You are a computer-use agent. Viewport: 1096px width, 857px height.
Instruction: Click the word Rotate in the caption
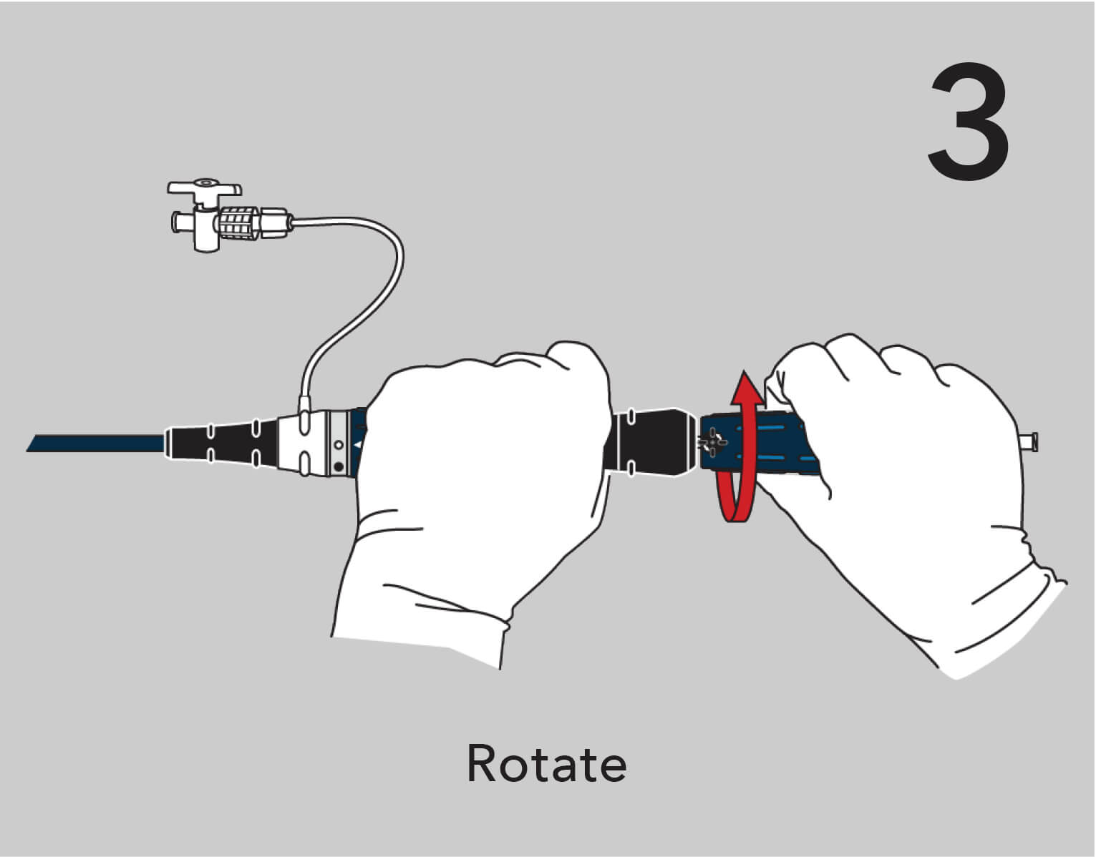[546, 763]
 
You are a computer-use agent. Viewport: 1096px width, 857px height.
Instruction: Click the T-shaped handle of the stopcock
[204, 189]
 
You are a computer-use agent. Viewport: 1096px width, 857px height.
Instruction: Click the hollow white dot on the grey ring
[339, 446]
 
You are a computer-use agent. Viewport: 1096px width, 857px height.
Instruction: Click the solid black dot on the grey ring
[338, 468]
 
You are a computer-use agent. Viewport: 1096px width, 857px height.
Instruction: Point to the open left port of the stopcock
[174, 221]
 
